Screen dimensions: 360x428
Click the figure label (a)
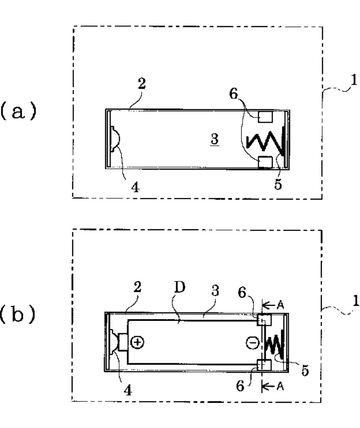tap(18, 111)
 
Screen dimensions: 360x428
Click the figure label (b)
tap(18, 314)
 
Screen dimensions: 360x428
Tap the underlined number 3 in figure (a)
tap(214, 139)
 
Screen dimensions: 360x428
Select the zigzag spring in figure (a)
tap(264, 141)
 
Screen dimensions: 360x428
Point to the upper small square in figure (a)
tap(265, 117)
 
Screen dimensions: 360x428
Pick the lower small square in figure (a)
tap(265, 162)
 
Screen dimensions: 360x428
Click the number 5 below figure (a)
tap(278, 184)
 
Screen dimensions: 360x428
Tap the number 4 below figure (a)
tap(135, 187)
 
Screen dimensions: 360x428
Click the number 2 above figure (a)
tap(142, 83)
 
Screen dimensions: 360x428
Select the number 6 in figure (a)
tap(233, 94)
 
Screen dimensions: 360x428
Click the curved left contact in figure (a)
tap(115, 139)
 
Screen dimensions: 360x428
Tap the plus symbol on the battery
tap(137, 342)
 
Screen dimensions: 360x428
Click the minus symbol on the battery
tap(253, 343)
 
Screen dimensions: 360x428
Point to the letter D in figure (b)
tap(179, 287)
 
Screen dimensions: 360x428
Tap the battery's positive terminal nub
tap(123, 342)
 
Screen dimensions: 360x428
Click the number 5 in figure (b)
tap(305, 371)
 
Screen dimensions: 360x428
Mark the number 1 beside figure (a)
tap(354, 80)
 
